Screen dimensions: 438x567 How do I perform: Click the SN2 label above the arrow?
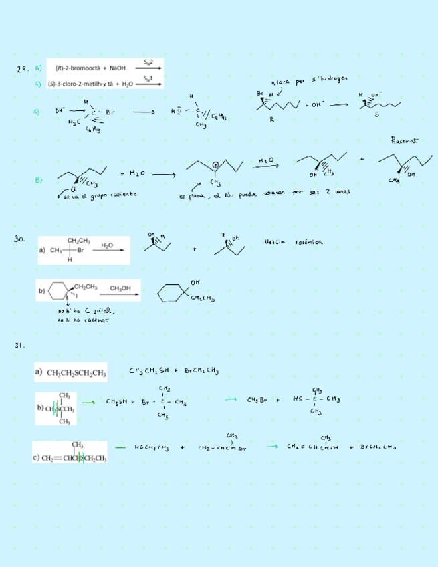pos(149,62)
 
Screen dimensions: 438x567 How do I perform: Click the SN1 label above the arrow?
pos(149,78)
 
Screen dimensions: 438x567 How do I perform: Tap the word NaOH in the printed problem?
pos(118,68)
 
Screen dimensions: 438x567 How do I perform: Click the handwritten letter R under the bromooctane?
pos(271,120)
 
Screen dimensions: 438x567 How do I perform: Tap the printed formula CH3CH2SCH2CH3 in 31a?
pos(77,373)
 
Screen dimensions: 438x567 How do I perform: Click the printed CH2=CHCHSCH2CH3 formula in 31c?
pos(74,458)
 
